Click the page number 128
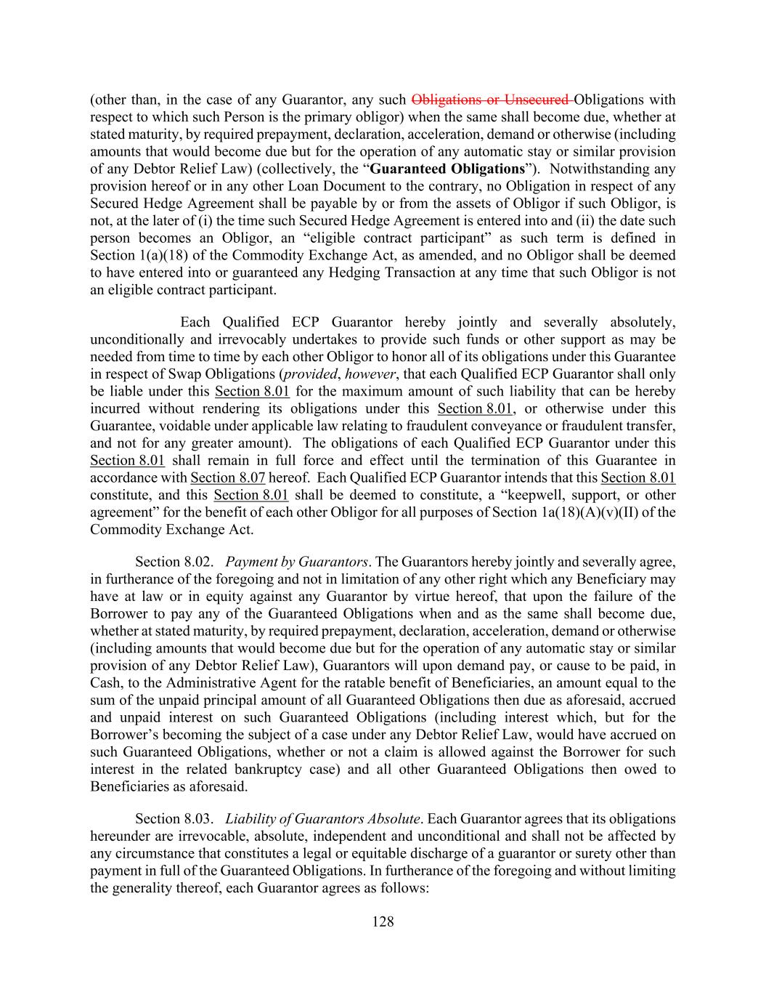click(383, 922)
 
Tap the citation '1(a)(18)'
click(162, 256)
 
